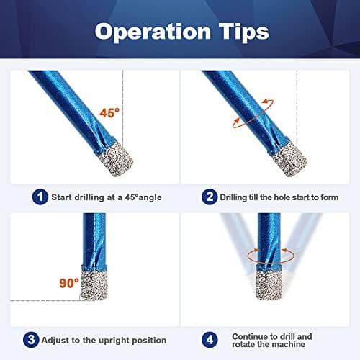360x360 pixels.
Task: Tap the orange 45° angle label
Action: [x=109, y=113]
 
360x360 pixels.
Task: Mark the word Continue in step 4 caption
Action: [x=251, y=335]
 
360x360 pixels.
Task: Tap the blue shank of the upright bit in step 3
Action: [x=94, y=238]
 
